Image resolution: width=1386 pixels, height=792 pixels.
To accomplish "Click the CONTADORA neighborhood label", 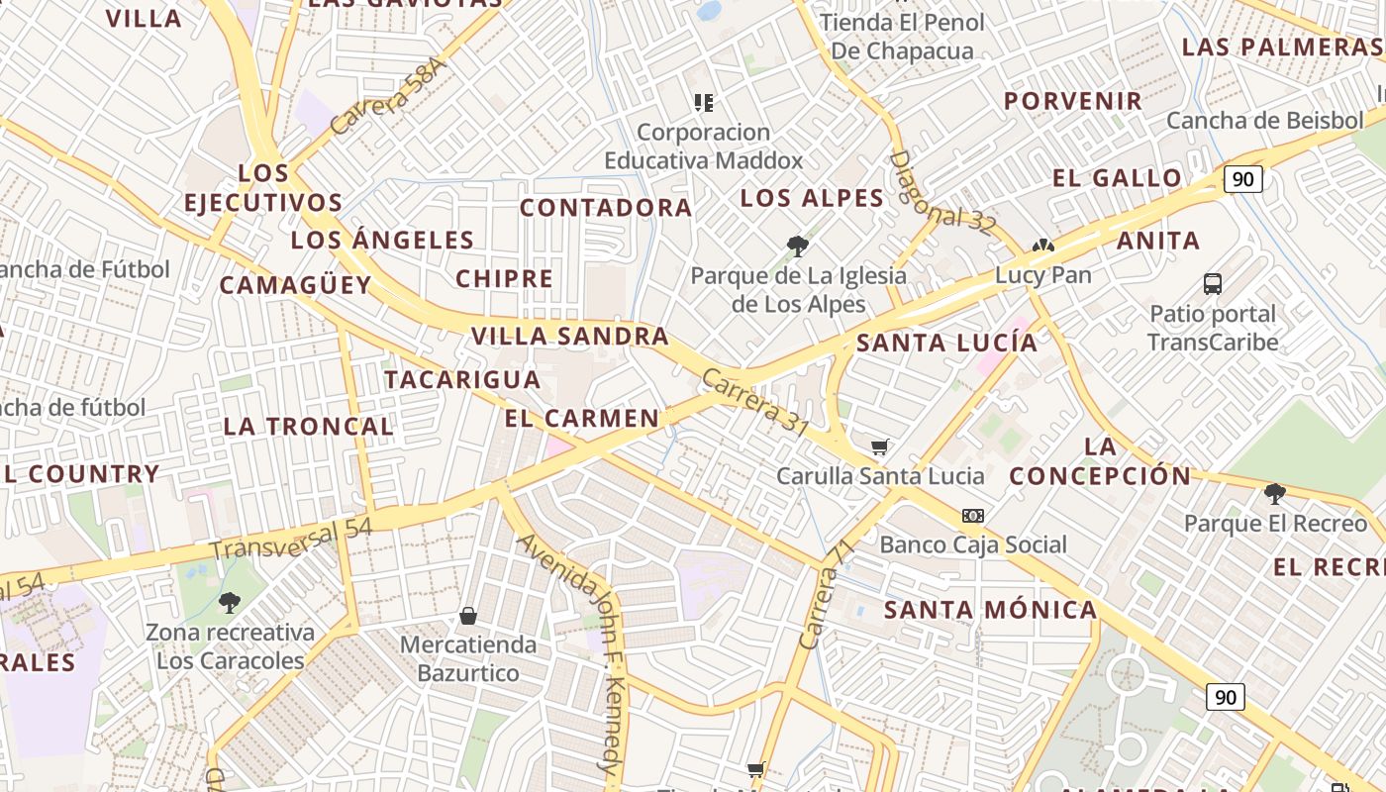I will [606, 208].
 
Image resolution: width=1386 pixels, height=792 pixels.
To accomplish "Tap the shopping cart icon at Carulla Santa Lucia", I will [879, 447].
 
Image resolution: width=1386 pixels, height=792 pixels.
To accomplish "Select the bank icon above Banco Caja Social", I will [973, 516].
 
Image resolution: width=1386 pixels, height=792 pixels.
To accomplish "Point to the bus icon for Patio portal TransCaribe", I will [1213, 284].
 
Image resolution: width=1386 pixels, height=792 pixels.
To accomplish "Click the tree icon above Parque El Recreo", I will [1275, 493].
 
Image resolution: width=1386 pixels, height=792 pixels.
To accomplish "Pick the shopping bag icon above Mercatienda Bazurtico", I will [468, 616].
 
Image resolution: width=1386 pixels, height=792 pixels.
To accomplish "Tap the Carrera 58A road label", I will [389, 96].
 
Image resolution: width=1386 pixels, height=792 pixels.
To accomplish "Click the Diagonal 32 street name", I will [940, 192].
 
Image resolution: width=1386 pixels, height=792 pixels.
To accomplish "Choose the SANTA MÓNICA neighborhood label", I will [990, 610].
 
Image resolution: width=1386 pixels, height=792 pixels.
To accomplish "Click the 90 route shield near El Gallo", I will [1243, 179].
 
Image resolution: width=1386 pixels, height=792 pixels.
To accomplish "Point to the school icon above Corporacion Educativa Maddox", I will [704, 102].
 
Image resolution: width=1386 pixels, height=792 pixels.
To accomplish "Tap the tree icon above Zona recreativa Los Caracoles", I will [230, 602].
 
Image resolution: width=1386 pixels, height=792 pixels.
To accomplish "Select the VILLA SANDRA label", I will [570, 337].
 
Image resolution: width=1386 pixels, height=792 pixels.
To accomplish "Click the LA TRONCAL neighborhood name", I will [308, 427].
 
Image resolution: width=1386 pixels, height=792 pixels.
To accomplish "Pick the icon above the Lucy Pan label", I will [1042, 247].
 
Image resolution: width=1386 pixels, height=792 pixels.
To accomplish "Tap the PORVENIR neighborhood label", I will [1073, 101].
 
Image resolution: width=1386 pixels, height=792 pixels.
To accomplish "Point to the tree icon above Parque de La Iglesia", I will [798, 247].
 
